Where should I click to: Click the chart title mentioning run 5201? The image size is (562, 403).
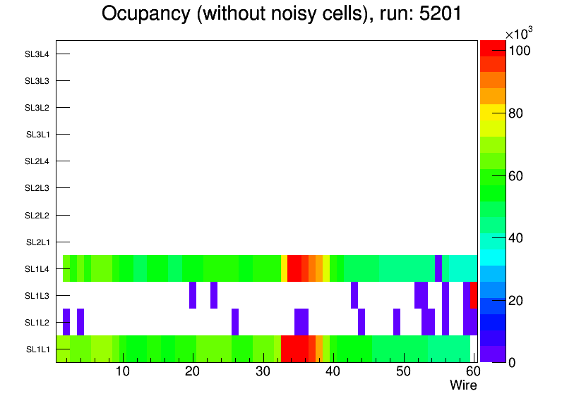[x=281, y=14]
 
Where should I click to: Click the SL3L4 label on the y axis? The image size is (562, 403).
[x=37, y=54]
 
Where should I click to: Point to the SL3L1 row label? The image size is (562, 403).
[x=37, y=135]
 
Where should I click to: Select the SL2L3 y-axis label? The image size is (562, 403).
[x=37, y=188]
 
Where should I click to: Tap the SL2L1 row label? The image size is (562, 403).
[x=37, y=242]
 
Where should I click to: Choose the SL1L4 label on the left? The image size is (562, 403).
[x=37, y=269]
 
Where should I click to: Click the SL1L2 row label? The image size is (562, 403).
[x=37, y=323]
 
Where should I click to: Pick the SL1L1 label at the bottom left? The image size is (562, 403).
[x=37, y=349]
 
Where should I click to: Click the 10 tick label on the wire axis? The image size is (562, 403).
[x=123, y=371]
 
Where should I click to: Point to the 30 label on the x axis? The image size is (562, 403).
[x=263, y=371]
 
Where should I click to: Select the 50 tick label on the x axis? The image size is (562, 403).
[x=403, y=371]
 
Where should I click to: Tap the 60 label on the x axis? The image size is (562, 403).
[x=472, y=371]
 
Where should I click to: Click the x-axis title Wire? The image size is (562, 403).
[x=463, y=385]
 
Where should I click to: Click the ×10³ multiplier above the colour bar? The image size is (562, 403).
[x=519, y=34]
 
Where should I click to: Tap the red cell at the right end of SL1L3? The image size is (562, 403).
[x=474, y=295]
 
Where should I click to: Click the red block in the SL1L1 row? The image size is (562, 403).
[x=294, y=349]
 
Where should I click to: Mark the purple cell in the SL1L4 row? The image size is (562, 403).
[x=438, y=268]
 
